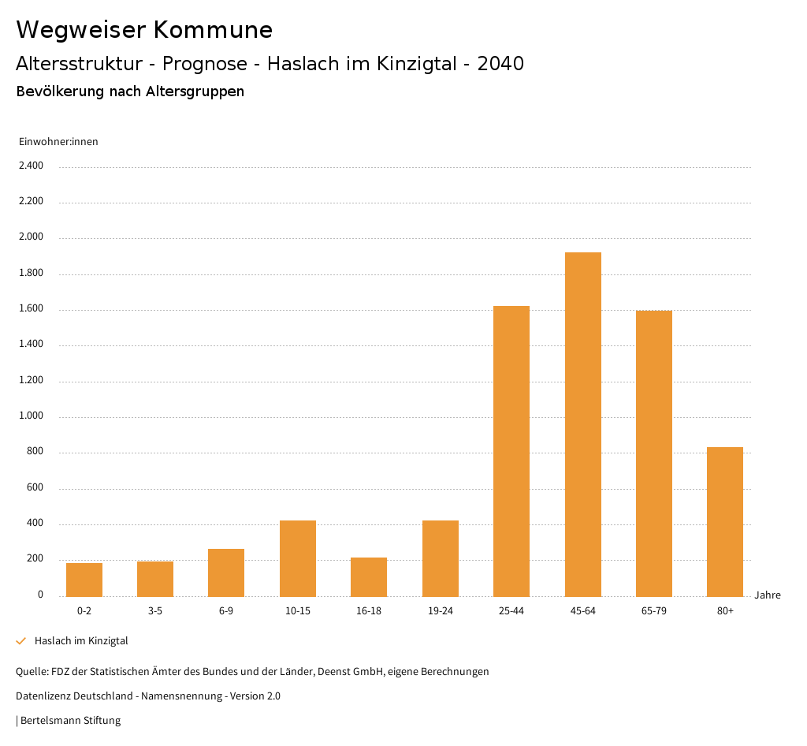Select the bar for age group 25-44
pyautogui.click(x=511, y=451)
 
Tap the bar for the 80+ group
pyautogui.click(x=725, y=521)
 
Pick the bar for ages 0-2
pyautogui.click(x=84, y=580)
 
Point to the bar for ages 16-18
pyautogui.click(x=369, y=576)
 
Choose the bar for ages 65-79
pyautogui.click(x=654, y=453)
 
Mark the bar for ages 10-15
pyautogui.click(x=298, y=558)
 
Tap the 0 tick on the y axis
pyautogui.click(x=40, y=595)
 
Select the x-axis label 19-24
pyautogui.click(x=440, y=611)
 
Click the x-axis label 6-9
pyautogui.click(x=226, y=611)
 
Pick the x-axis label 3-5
pyautogui.click(x=155, y=611)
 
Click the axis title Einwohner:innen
pyautogui.click(x=58, y=142)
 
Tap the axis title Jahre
pyautogui.click(x=768, y=595)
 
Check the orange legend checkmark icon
pyautogui.click(x=21, y=641)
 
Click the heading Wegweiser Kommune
pyautogui.click(x=144, y=30)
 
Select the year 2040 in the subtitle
pyautogui.click(x=500, y=64)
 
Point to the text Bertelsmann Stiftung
pyautogui.click(x=70, y=721)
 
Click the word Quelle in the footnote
pyautogui.click(x=32, y=672)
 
